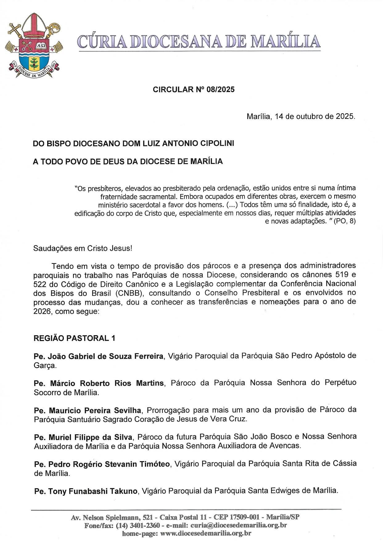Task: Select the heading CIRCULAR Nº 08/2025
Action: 194,89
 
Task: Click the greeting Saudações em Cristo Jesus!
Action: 83,248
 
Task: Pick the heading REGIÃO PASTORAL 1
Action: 74,338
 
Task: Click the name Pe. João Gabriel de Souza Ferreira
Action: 98,356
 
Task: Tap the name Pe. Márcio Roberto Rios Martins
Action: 98,383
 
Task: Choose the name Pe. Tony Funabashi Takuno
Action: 85,491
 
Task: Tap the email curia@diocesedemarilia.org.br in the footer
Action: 238,525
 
